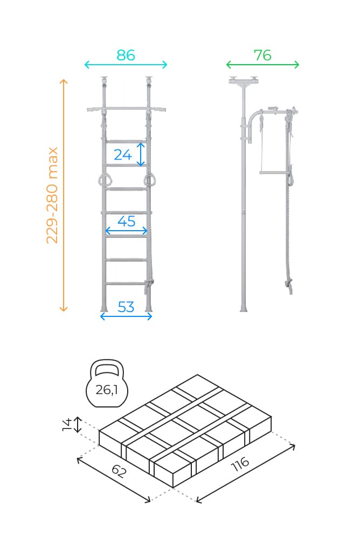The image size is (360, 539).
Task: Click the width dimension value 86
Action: point(126,55)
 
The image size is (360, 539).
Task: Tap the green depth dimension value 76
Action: point(262,55)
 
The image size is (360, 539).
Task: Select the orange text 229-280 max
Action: point(52,195)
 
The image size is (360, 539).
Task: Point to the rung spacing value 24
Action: point(123,155)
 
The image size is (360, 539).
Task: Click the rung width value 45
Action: point(127,221)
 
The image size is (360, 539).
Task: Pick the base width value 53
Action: point(126,307)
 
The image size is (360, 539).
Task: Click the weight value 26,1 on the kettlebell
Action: point(107,390)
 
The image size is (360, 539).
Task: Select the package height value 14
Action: point(67,424)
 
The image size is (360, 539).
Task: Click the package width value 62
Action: point(119,471)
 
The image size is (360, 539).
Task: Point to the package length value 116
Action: point(240,464)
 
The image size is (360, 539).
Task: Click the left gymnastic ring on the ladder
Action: point(103,180)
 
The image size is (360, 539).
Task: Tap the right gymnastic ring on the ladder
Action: point(150,180)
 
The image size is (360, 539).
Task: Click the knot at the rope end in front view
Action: point(149,284)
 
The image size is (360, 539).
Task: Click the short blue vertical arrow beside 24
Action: point(141,155)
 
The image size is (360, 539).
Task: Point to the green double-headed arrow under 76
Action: point(262,64)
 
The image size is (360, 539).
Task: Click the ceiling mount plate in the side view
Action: point(244,81)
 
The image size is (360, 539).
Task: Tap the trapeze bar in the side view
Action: point(273,172)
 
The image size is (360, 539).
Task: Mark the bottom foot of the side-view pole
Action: point(244,308)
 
